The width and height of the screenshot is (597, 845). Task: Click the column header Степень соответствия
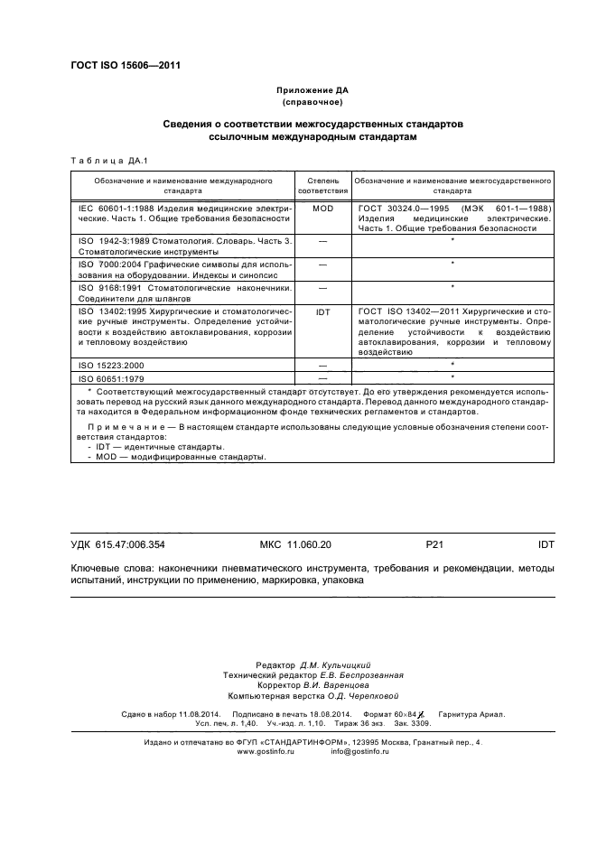pos(322,186)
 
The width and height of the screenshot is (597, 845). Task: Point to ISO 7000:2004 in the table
pos(112,264)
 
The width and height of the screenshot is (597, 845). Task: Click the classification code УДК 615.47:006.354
pos(118,545)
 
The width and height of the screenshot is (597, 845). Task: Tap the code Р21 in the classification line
pos(434,545)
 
